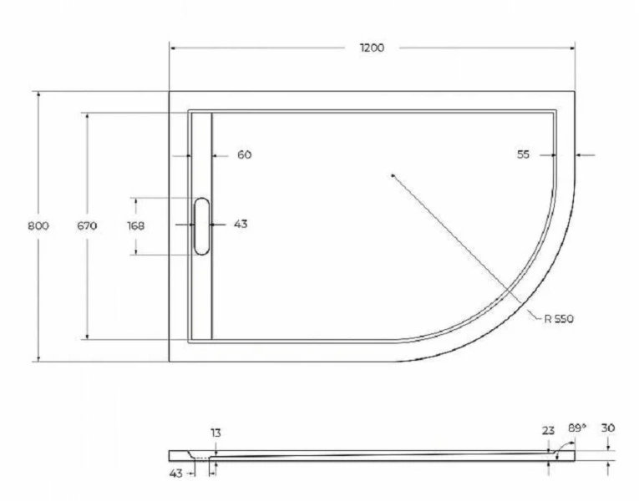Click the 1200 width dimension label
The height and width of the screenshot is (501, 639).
(372, 48)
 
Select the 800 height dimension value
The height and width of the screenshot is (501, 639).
(38, 226)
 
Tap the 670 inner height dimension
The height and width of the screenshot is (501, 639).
(87, 226)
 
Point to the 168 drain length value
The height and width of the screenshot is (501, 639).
(136, 226)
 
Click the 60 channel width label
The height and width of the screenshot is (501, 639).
(244, 154)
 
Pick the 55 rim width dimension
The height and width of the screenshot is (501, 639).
(524, 154)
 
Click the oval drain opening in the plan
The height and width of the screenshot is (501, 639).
(201, 225)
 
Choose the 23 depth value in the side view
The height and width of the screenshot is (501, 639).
(548, 431)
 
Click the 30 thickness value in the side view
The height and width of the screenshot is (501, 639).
(608, 428)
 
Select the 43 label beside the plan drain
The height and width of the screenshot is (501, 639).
(241, 224)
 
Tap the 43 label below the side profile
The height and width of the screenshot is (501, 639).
(176, 473)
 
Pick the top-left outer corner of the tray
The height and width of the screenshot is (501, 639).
(170, 91)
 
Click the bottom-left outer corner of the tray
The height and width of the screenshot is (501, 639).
(170, 362)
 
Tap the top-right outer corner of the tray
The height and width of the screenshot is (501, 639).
(575, 91)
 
